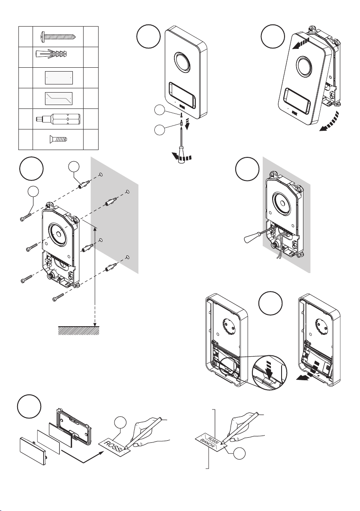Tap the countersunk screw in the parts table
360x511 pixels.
point(58,139)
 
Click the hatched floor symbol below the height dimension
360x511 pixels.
point(78,331)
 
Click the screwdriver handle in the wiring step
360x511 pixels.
point(252,238)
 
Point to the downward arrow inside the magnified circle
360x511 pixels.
point(270,367)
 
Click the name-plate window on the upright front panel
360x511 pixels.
point(182,95)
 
